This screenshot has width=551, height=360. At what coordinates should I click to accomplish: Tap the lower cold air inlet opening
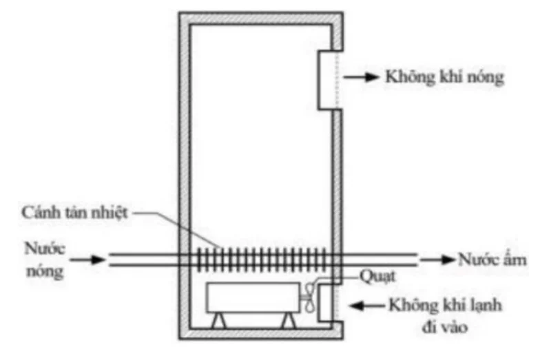point(324,302)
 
